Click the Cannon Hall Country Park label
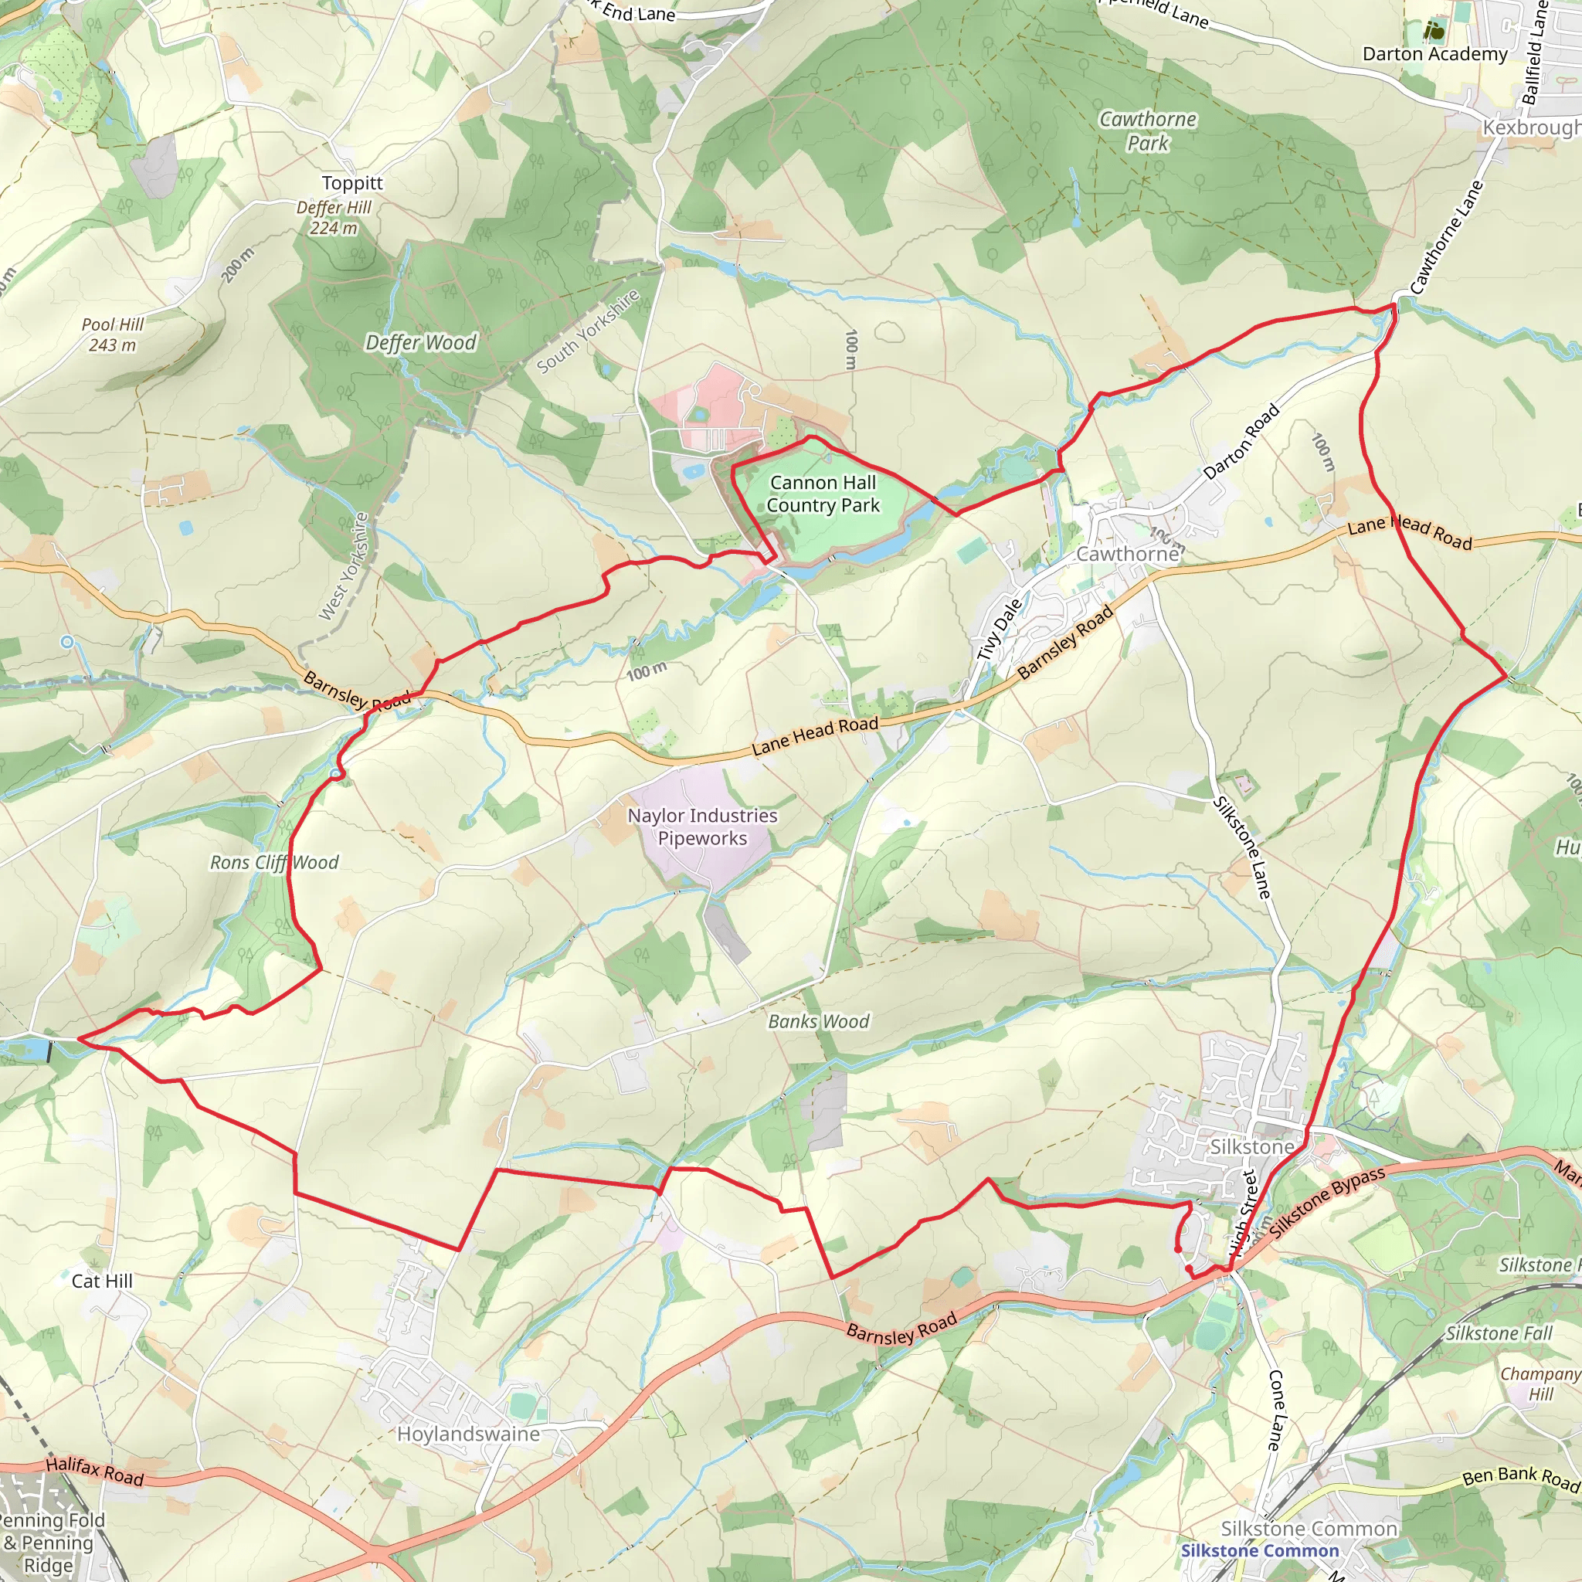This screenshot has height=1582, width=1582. click(823, 494)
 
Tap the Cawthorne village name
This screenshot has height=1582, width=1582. click(1128, 555)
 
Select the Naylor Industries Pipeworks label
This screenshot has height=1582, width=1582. click(703, 827)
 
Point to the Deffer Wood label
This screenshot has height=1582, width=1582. click(420, 342)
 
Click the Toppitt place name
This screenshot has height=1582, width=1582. click(352, 182)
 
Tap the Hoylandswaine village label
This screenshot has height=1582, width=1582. click(468, 1434)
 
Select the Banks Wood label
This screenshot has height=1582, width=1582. click(818, 1021)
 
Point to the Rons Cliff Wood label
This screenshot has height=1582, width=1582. click(274, 862)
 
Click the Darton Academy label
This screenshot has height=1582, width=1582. click(1434, 54)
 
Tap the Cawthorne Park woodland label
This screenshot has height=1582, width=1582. click(1147, 131)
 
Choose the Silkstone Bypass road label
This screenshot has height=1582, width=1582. click(1327, 1201)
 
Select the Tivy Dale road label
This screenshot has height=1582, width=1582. click(999, 630)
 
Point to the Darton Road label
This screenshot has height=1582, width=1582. click(1241, 442)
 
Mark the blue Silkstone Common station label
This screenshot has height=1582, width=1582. click(1259, 1550)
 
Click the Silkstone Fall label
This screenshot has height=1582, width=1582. click(1499, 1333)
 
